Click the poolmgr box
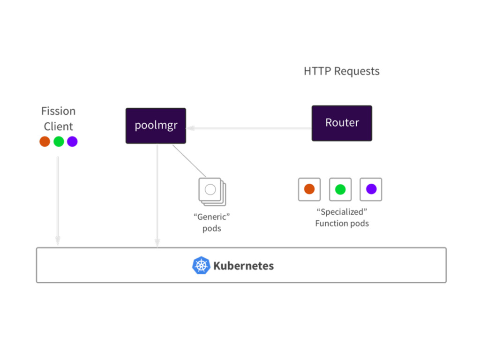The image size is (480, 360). pos(156,126)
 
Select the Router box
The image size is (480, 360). pos(342,123)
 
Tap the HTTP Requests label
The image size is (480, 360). pos(342,71)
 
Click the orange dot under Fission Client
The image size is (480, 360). pos(45,142)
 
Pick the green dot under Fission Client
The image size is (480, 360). pos(59,142)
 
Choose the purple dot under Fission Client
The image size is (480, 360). pos(72,142)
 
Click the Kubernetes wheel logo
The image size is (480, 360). pos(201,265)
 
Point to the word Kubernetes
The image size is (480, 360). pos(243,266)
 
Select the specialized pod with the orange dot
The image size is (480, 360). pos(309,189)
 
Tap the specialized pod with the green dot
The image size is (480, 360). pos(340,189)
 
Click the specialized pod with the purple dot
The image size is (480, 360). pos(371,189)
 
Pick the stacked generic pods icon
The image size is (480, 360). pos(212,192)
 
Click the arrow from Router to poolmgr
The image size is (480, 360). pos(249,128)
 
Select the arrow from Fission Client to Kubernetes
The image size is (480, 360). pos(58,201)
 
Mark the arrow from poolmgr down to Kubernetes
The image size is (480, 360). pos(157,195)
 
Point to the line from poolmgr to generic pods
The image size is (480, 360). pos(189,161)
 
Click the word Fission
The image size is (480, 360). pos(59,111)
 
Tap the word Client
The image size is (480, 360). pos(59,127)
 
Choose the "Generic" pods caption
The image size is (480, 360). pos(211,223)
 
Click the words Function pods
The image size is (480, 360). pos(342,224)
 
